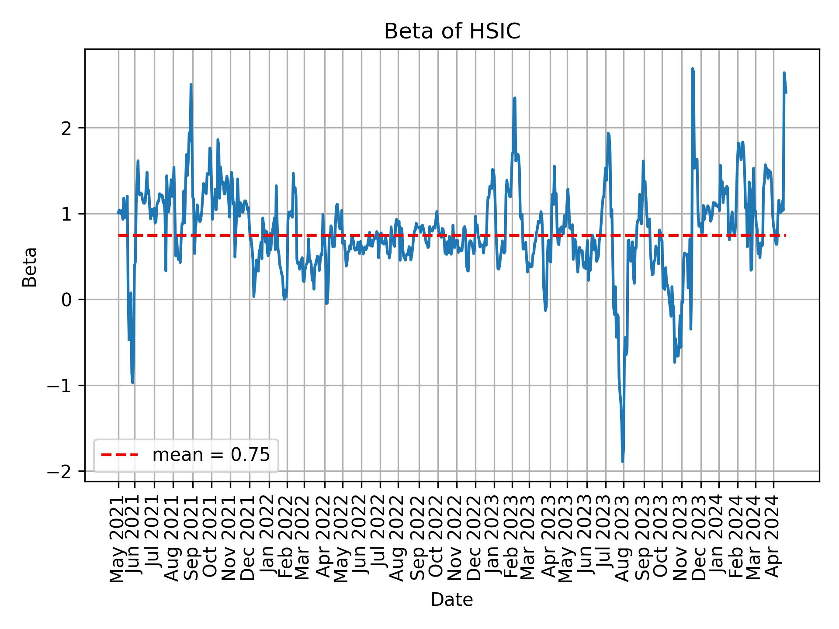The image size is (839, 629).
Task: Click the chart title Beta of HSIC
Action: (x=452, y=32)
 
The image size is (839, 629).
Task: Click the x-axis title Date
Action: (x=452, y=600)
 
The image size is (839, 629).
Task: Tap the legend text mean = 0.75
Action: (x=211, y=455)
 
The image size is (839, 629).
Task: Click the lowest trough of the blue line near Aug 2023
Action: (x=622, y=461)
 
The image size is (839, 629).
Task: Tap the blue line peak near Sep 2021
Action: (x=191, y=85)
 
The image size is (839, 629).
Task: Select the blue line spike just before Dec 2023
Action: (x=693, y=69)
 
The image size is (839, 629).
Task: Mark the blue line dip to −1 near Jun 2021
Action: (x=132, y=383)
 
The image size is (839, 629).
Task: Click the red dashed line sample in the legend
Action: (x=119, y=455)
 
